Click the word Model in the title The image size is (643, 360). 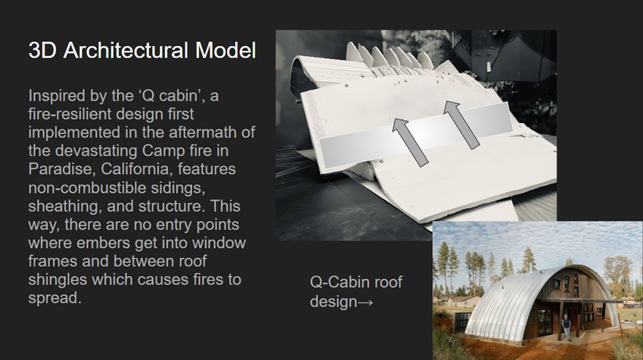tap(225, 51)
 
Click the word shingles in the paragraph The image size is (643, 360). tap(57, 280)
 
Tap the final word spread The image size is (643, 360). tap(55, 298)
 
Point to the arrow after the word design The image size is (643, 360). tap(365, 303)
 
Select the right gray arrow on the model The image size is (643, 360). tap(461, 125)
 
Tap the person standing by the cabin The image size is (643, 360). tap(566, 327)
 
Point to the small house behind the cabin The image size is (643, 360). tap(464, 302)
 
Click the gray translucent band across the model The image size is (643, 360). tap(415, 135)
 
